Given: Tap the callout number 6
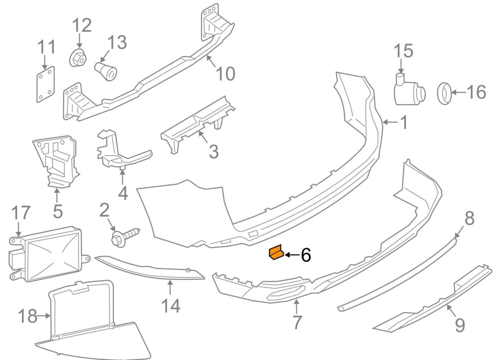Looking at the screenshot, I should coord(305,255).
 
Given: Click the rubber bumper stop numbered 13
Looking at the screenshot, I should coord(106,71).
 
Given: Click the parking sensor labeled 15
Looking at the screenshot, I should coord(408,91).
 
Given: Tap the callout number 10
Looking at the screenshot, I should coord(225,74).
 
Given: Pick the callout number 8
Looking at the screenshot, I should coord(469,218).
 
